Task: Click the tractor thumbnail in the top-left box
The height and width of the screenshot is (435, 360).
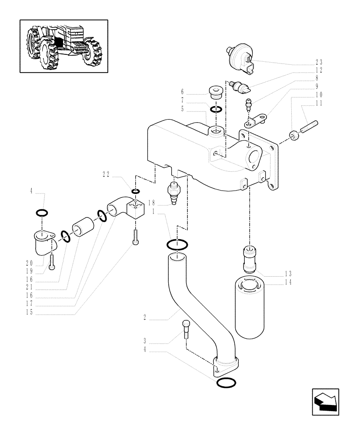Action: [63, 45]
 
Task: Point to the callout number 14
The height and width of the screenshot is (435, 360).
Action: [288, 282]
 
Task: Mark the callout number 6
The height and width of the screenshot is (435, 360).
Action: [183, 92]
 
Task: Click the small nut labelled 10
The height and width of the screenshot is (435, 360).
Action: [294, 136]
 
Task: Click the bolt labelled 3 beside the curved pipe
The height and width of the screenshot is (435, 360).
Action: [186, 330]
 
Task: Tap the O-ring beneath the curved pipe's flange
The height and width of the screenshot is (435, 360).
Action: [226, 383]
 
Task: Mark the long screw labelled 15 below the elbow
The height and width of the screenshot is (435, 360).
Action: [137, 239]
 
